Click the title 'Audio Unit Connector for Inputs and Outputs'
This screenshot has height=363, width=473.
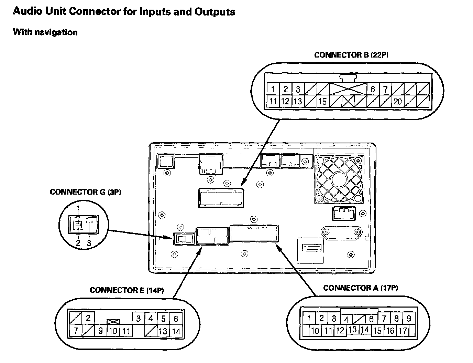[x=124, y=12]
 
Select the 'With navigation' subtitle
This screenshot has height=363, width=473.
[x=45, y=32]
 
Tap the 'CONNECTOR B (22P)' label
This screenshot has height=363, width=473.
[x=351, y=55]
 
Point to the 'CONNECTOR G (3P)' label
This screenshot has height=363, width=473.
[x=85, y=192]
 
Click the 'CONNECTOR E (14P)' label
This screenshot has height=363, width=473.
[x=127, y=290]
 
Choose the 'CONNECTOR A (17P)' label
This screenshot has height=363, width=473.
[x=361, y=288]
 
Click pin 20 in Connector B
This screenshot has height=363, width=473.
[x=397, y=102]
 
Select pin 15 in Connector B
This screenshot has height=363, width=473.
[x=322, y=102]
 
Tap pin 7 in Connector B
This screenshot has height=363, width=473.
[x=385, y=89]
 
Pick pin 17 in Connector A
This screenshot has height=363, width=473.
[x=402, y=331]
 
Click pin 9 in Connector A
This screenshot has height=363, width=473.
[x=409, y=318]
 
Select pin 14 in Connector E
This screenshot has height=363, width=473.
[x=176, y=332]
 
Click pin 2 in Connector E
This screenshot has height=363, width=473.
[x=88, y=318]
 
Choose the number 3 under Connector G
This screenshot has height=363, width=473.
[x=89, y=243]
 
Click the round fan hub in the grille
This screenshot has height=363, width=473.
[x=339, y=179]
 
